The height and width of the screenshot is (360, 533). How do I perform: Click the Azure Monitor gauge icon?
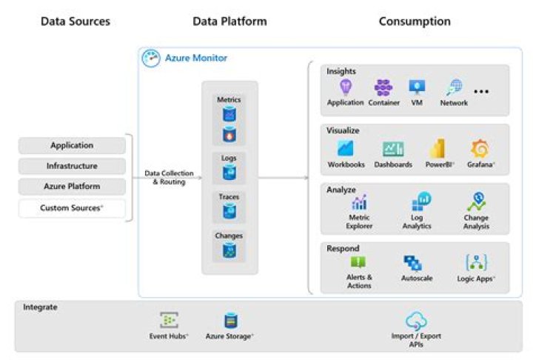tap(151, 59)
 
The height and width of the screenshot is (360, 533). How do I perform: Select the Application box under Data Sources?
tap(72, 146)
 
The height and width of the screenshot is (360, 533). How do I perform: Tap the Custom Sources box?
tap(72, 208)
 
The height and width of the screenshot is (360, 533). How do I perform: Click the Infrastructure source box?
tap(72, 167)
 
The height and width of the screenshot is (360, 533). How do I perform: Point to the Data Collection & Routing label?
tap(165, 177)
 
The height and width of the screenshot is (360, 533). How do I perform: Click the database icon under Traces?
tap(229, 212)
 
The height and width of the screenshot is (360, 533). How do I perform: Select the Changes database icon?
tap(229, 251)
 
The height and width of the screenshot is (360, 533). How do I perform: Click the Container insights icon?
tap(383, 88)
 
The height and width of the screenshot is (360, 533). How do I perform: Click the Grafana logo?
tap(479, 148)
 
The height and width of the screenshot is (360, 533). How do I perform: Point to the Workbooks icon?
tap(346, 148)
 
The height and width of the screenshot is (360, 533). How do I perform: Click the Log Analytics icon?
tap(420, 201)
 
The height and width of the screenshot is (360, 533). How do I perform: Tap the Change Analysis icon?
tap(477, 201)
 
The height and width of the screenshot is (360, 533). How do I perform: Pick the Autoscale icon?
tap(412, 263)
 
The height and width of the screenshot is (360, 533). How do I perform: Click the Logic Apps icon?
tap(477, 262)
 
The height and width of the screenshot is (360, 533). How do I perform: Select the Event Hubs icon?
tap(169, 321)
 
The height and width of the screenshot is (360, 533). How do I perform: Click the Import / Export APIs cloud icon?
tap(416, 321)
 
